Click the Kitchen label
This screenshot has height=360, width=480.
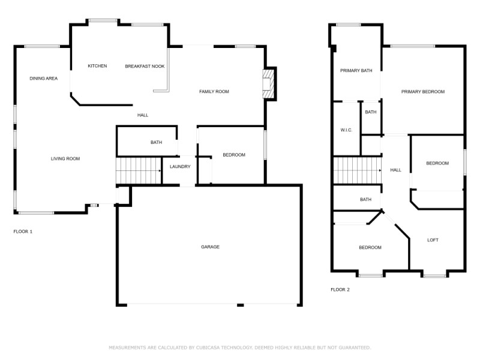click(x=97, y=66)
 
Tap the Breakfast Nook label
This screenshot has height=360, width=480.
click(x=145, y=66)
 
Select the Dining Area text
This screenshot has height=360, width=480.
click(x=43, y=79)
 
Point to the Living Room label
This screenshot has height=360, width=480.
click(x=65, y=159)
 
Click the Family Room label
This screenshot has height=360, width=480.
click(x=214, y=92)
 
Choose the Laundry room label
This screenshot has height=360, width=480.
click(x=180, y=167)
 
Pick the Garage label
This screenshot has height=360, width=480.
click(x=210, y=247)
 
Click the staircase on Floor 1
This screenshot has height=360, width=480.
click(x=139, y=170)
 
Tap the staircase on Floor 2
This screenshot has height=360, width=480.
click(x=357, y=170)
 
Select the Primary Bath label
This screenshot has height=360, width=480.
click(x=356, y=71)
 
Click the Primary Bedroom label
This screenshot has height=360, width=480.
click(x=422, y=92)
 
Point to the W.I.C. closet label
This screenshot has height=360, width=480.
click(x=346, y=130)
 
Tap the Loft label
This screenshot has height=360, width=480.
click(x=433, y=240)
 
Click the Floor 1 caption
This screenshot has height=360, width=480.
click(x=23, y=231)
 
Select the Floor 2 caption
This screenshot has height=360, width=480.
click(x=340, y=290)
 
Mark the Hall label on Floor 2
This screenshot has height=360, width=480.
click(x=395, y=170)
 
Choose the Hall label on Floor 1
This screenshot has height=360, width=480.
click(x=143, y=115)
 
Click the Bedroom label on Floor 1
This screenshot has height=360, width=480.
click(x=234, y=155)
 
